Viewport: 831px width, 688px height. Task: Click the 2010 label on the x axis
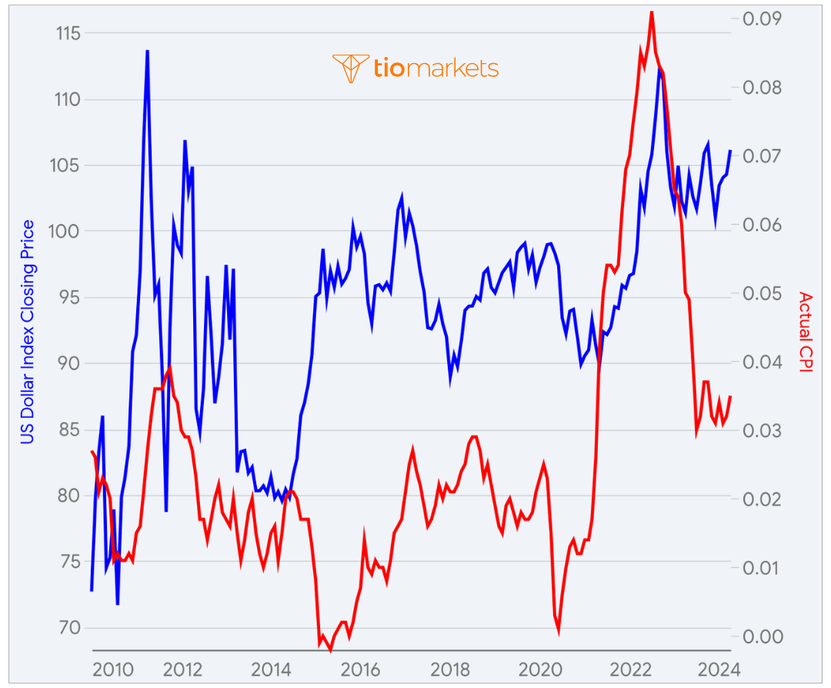click(110, 668)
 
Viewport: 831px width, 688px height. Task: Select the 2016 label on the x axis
click(361, 668)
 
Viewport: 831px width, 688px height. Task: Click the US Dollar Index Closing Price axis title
click(28, 332)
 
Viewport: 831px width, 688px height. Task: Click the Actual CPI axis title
click(805, 332)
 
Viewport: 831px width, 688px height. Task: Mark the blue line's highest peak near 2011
click(147, 51)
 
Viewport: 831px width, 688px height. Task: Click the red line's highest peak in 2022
click(652, 12)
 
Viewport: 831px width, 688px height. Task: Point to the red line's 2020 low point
click(558, 631)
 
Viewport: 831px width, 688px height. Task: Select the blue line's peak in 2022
click(659, 70)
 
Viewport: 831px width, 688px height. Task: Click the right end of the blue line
click(730, 151)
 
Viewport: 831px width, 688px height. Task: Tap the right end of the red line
click(730, 396)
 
